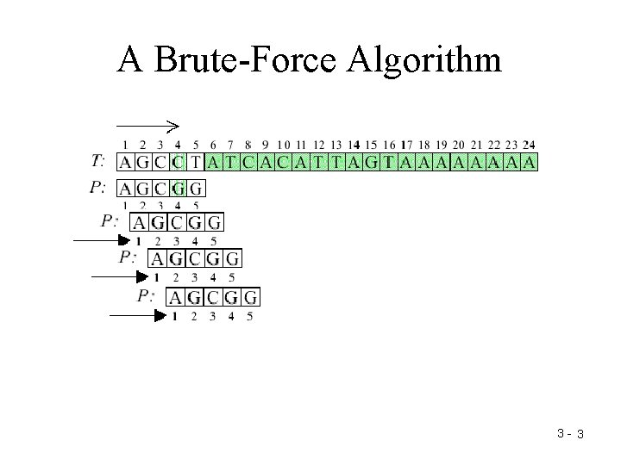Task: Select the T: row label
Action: [x=98, y=161]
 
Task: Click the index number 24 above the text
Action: [x=529, y=145]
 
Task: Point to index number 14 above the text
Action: [x=354, y=145]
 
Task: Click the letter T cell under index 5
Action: [x=196, y=161]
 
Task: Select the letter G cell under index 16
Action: [x=374, y=161]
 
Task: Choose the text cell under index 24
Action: [x=529, y=161]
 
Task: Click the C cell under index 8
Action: [x=248, y=161]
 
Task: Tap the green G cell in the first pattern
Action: [x=179, y=188]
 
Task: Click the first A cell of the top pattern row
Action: [x=125, y=188]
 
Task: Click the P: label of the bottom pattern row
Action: [x=146, y=296]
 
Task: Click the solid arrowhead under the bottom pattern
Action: [x=160, y=316]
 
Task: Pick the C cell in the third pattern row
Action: [x=194, y=258]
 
